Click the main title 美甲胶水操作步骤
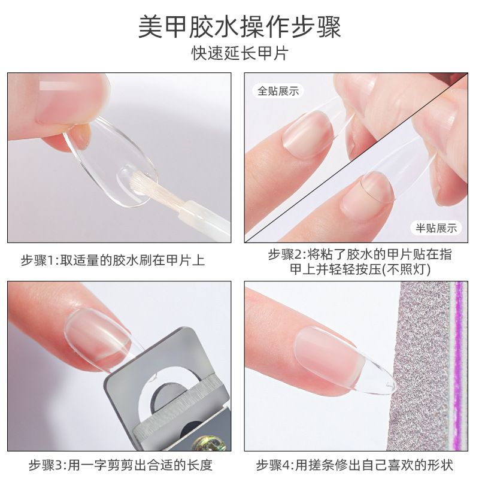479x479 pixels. pos(239,27)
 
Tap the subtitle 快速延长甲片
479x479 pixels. pos(239,53)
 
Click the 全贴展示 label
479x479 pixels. pos(277,91)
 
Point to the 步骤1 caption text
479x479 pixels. pos(113,260)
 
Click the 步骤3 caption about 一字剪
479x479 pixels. pos(120,465)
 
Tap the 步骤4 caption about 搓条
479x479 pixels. pos(354,465)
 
